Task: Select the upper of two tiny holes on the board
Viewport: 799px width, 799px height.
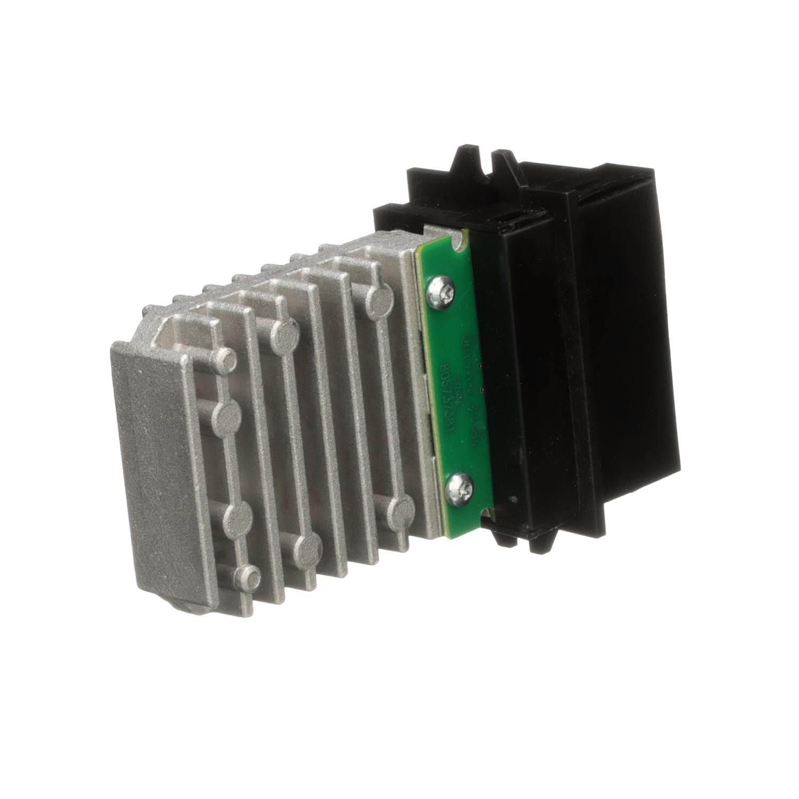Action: (x=480, y=366)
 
